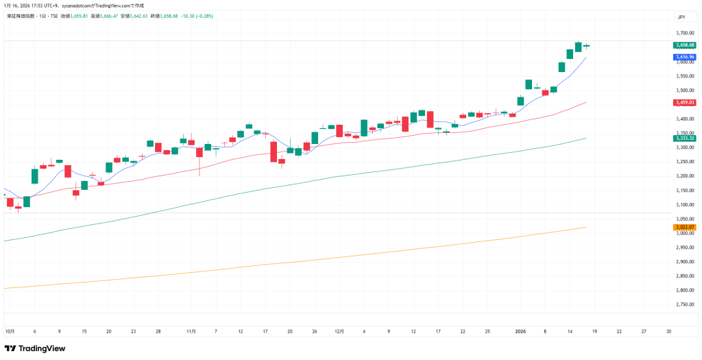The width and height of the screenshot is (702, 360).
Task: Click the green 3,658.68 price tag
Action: (x=685, y=45)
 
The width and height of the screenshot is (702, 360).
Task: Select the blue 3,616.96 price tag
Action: (x=685, y=57)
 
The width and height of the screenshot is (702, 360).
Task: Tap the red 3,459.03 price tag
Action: (x=685, y=102)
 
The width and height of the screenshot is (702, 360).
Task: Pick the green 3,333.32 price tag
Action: (x=685, y=139)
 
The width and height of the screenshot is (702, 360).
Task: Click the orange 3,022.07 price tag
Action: (x=685, y=227)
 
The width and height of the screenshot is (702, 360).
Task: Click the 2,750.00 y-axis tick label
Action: (x=685, y=304)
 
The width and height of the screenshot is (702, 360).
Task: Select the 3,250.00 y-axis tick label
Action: (x=685, y=162)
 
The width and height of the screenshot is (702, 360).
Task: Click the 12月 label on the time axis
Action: (x=339, y=331)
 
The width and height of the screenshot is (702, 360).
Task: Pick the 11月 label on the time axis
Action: (x=191, y=331)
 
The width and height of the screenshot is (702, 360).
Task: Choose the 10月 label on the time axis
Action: (x=10, y=331)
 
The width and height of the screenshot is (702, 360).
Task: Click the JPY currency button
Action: (x=681, y=17)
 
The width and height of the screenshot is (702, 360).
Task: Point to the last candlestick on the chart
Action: (x=587, y=46)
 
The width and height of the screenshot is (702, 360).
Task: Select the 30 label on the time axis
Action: (x=668, y=331)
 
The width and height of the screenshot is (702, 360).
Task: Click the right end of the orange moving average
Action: (x=585, y=227)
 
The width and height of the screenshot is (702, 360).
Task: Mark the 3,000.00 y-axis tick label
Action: (x=685, y=233)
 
